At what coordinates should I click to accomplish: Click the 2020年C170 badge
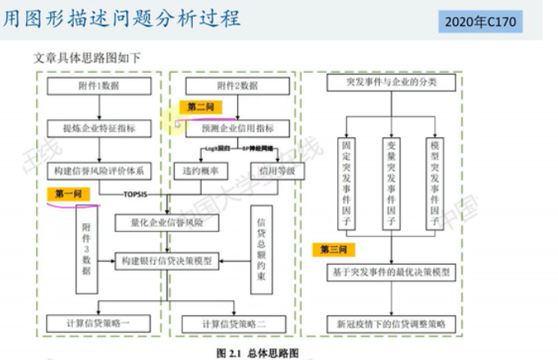[482, 22]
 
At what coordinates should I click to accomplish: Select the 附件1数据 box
[99, 85]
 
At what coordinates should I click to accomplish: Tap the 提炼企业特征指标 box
[99, 128]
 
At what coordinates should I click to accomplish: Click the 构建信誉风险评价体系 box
[98, 171]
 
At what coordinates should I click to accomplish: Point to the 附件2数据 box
[237, 85]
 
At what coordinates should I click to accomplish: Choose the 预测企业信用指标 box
[237, 128]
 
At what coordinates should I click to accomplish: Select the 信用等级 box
[270, 171]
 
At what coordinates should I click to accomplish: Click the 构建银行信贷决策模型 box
[167, 261]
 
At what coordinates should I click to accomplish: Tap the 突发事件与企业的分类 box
[392, 83]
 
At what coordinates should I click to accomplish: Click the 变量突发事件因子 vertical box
[392, 183]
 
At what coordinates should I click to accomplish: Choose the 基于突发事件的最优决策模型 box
[392, 271]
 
